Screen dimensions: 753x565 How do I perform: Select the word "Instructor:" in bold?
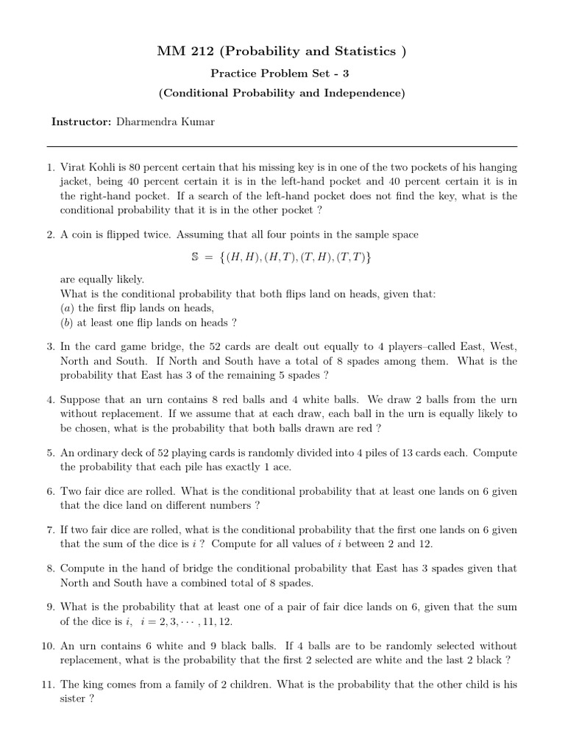pyautogui.click(x=82, y=121)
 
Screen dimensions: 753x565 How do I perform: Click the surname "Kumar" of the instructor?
pyautogui.click(x=199, y=121)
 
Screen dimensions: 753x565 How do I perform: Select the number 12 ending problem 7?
pyautogui.click(x=427, y=544)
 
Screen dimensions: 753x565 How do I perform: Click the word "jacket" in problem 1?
pyautogui.click(x=76, y=182)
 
